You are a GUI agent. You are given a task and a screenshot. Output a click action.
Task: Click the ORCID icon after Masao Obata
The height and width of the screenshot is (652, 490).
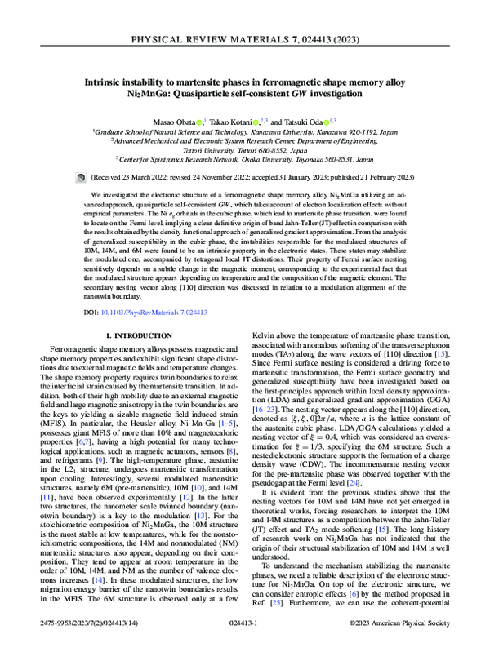200,120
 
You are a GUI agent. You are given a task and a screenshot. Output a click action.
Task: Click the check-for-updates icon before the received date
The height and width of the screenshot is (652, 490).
79,176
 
